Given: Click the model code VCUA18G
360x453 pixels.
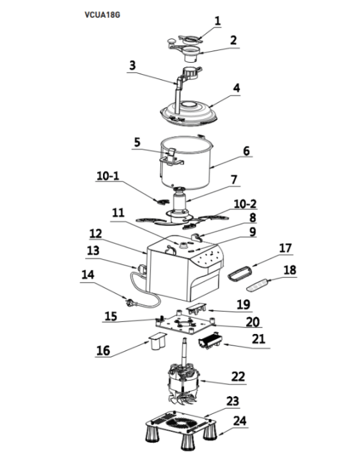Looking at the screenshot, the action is point(102,15).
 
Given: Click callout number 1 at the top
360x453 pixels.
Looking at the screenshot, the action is point(217,21).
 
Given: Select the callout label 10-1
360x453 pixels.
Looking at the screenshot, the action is point(107,176).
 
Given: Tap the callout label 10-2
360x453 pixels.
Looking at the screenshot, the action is point(245,203).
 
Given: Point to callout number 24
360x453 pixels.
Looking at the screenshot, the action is point(240,420).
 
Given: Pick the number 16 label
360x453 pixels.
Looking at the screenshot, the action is point(103,351).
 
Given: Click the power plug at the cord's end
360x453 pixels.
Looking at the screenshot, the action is point(129,303).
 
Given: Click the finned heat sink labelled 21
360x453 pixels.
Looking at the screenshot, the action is point(210,340).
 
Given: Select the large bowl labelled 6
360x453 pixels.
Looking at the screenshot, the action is point(186,164).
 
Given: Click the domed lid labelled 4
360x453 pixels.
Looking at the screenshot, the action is point(189,113).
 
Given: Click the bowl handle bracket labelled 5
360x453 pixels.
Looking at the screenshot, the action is point(171,157).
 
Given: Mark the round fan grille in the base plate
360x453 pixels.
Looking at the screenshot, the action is point(182,424).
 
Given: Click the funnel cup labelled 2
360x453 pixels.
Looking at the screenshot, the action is point(191,54).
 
